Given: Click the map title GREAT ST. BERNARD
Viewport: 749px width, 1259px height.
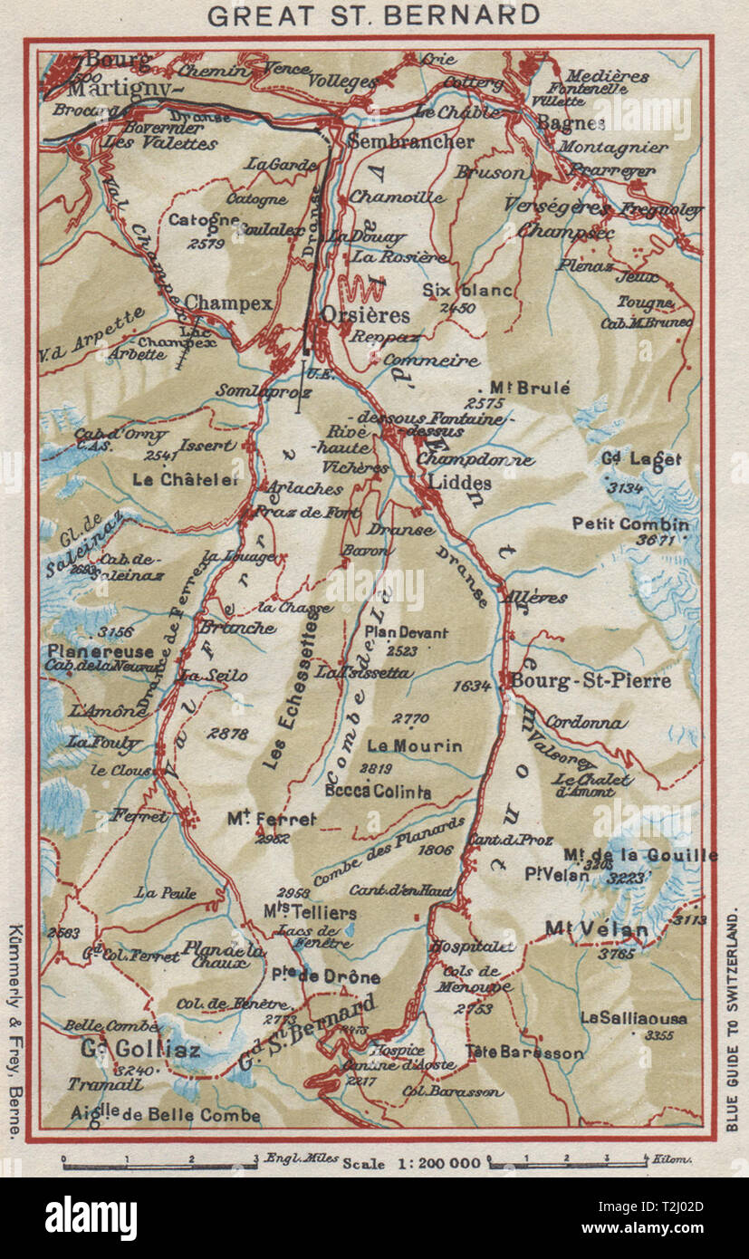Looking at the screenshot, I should coord(373,15).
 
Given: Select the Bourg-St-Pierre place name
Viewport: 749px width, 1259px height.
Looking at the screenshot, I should coord(591,680).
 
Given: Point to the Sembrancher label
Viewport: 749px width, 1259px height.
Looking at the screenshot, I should coord(410,142).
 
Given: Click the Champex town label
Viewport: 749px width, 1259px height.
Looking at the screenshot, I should coord(228,304).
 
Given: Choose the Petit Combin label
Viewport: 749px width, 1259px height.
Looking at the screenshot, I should coord(630,524).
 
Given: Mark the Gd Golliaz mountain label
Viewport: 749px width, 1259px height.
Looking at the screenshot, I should coord(139,1051).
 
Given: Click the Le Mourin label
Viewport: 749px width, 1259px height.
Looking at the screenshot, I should coord(415,746).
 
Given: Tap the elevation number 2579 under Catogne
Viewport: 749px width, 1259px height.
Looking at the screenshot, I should coord(209,244).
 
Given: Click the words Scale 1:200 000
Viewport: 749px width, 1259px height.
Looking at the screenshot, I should coord(411,1164).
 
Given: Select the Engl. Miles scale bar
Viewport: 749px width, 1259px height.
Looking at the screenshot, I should coord(159,1161).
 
